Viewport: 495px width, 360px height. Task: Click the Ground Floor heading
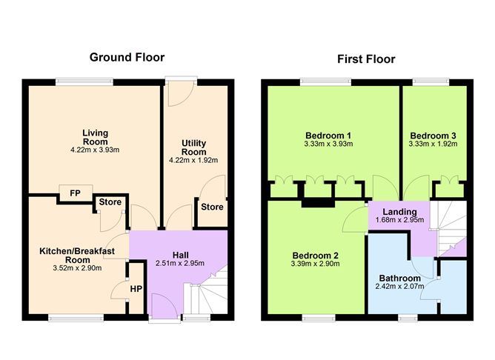click(127, 57)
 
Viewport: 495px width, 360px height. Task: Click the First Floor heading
click(366, 59)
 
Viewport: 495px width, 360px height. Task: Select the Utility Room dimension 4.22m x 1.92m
click(194, 159)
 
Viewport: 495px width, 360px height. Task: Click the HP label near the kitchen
click(136, 289)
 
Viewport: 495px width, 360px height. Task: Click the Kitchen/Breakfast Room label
click(77, 256)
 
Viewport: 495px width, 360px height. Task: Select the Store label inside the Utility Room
click(212, 207)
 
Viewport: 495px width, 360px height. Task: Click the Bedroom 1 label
click(328, 136)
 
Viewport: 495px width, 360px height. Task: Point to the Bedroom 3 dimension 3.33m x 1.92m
click(433, 145)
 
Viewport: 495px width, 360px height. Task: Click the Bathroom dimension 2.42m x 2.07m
click(398, 286)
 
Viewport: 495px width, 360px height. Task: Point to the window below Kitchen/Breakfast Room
click(67, 318)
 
